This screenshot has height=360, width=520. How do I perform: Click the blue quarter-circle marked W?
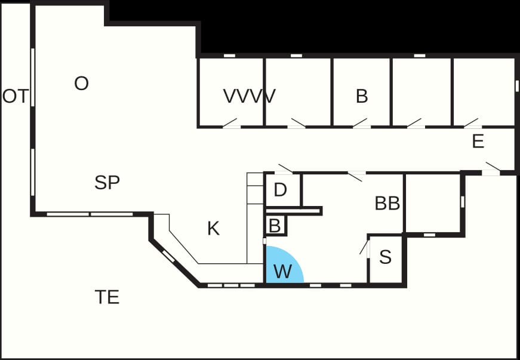(282, 267)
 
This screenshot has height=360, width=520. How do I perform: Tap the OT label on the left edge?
(16, 97)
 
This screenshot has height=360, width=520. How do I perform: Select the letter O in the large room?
(82, 83)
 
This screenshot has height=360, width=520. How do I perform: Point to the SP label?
(107, 182)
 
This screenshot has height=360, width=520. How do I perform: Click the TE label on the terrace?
(107, 297)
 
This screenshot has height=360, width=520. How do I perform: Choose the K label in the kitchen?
(213, 229)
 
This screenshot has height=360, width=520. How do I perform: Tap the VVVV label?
(250, 96)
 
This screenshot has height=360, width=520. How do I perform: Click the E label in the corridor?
(478, 141)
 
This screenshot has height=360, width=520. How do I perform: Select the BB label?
(387, 203)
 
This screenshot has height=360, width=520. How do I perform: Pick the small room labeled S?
(386, 259)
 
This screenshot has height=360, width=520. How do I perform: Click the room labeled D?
(283, 190)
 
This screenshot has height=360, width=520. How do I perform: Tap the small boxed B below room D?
(275, 226)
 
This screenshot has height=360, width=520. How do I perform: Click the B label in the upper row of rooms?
(362, 96)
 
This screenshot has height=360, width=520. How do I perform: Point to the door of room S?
(364, 247)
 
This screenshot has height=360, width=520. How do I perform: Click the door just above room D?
(284, 169)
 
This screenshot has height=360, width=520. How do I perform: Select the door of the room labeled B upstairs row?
(361, 123)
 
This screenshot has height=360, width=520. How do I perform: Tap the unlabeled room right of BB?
(433, 203)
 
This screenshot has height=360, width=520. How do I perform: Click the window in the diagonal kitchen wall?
(168, 256)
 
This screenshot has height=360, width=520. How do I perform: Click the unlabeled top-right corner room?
(484, 92)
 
